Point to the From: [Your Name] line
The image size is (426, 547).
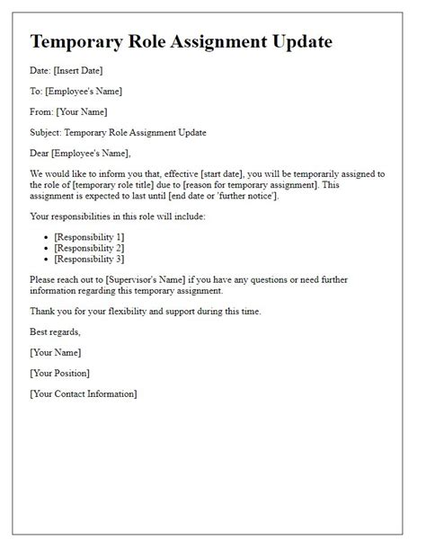tap(68, 111)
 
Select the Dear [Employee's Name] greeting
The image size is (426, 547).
tap(80, 153)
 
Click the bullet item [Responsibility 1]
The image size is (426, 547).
tap(90, 236)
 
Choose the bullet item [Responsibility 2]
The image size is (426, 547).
tap(90, 247)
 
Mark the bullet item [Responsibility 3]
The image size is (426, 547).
tap(90, 259)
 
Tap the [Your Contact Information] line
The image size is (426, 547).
tap(84, 393)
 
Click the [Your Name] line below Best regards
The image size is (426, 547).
tap(56, 352)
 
